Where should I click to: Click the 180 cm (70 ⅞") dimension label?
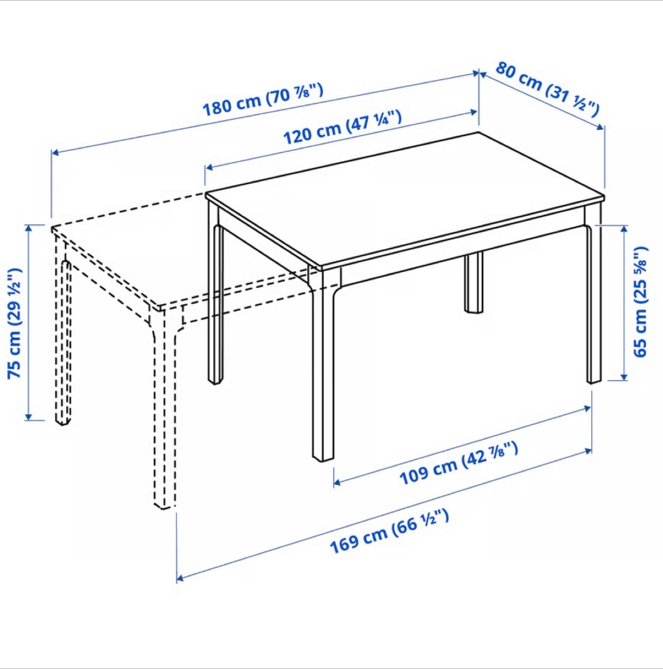pos(263,100)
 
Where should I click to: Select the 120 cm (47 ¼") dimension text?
pos(343,127)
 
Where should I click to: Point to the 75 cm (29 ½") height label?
pos(14,323)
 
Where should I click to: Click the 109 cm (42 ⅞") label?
pos(459,463)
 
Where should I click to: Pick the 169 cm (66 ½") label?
pos(389,531)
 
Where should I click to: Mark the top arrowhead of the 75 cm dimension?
pos(28,228)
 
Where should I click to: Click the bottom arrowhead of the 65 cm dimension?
pos(624,377)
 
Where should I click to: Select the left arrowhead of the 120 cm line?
pos(209,168)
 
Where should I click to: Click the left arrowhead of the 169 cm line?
pos(180,578)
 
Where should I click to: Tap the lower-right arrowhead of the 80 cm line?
pos(600,127)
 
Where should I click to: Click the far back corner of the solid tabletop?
pos(478,132)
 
